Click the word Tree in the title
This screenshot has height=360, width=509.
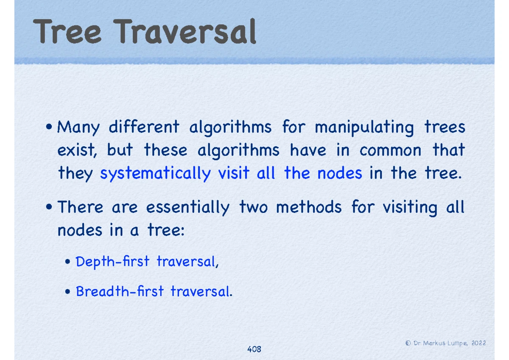[x=67, y=31]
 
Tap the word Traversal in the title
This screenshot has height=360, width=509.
[x=185, y=31]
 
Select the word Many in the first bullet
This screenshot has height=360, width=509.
[x=78, y=128]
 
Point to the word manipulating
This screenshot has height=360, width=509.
[x=364, y=128]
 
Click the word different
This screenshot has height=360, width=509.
[x=144, y=126]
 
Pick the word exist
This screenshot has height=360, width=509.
[x=77, y=150]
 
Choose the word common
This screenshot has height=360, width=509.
[x=390, y=151]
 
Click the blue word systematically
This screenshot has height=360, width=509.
[x=155, y=174]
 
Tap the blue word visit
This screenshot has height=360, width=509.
[x=234, y=173]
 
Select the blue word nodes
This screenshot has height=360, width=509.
[x=339, y=173]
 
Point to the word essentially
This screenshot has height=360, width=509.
[x=188, y=208]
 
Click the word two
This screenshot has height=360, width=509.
[x=253, y=208]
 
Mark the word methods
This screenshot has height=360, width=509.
[x=309, y=207]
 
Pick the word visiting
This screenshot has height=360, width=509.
[x=410, y=208]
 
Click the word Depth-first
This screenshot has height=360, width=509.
[x=112, y=262]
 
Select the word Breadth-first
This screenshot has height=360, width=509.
[x=120, y=291]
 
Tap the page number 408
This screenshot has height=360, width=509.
[x=254, y=349]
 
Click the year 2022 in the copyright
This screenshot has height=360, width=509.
[x=479, y=343]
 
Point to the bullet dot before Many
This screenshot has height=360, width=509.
[x=49, y=126]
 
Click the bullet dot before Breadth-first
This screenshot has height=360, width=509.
[x=67, y=291]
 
